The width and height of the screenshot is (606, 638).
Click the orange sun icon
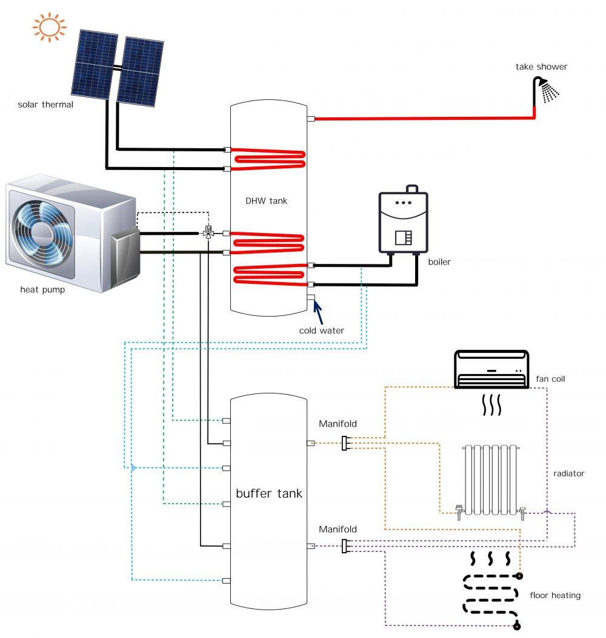click(x=48, y=27)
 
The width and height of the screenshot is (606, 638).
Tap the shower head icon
click(x=548, y=90)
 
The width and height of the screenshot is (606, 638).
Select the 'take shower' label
click(x=541, y=67)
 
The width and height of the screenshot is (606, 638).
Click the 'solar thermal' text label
click(x=45, y=105)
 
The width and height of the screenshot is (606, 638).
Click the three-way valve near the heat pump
click(x=208, y=232)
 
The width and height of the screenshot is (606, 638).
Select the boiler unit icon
click(x=403, y=222)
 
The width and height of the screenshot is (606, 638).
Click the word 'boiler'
click(x=439, y=262)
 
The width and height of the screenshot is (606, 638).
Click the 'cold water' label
click(x=321, y=331)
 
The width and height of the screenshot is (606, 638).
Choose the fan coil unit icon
click(x=491, y=370)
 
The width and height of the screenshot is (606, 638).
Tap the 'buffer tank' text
click(x=268, y=493)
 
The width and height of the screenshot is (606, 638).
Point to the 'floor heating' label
click(x=554, y=595)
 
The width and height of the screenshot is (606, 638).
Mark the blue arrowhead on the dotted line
click(x=133, y=467)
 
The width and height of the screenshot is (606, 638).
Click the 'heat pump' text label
click(x=42, y=289)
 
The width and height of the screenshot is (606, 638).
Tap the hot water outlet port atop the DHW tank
click(x=310, y=119)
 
